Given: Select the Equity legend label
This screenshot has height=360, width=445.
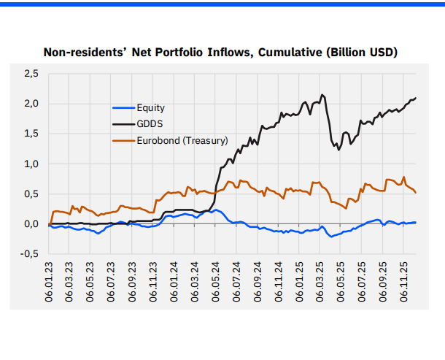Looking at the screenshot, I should (150, 108).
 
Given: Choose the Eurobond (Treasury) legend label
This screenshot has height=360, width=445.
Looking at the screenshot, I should (182, 140).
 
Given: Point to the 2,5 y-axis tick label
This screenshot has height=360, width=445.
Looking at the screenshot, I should (31, 73).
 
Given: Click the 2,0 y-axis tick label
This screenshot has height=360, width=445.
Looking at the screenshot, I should (31, 103).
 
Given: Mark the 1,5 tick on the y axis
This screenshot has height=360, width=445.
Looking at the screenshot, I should (31, 134).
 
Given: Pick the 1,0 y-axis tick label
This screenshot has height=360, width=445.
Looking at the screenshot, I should (31, 164).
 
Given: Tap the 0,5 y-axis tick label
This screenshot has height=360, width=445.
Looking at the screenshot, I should (31, 194).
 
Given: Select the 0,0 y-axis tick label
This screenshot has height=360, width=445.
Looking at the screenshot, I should (31, 224).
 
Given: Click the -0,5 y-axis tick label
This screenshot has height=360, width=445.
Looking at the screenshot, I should (30, 254).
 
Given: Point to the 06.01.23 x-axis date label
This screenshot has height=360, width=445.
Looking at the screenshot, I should (49, 280).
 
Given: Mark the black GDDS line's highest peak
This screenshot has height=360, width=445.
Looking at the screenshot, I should (322, 95).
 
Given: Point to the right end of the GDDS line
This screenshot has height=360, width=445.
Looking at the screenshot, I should (416, 98).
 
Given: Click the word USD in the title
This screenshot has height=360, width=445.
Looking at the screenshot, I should (378, 52).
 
